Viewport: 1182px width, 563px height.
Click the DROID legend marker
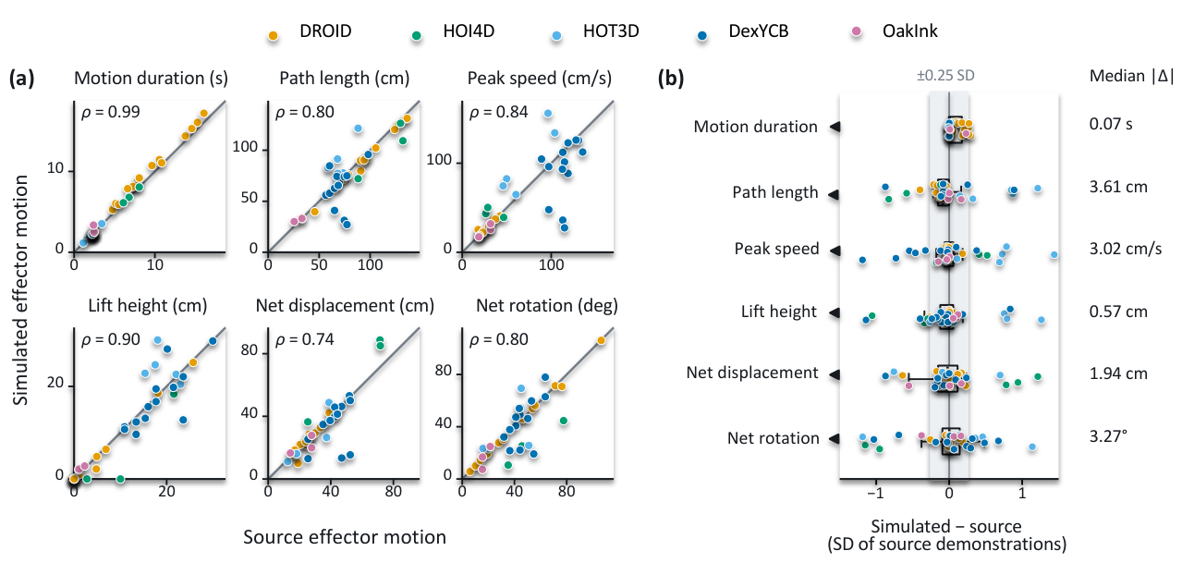(273, 35)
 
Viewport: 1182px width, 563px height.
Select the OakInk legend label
(909, 31)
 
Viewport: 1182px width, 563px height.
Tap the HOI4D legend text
(469, 31)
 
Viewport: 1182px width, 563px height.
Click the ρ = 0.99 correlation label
(110, 113)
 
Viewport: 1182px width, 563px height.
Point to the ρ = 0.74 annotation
(304, 339)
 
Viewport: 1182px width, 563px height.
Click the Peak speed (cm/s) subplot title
(540, 78)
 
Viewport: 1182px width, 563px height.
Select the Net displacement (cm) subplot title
(345, 305)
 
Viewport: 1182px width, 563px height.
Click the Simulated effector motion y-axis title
(20, 289)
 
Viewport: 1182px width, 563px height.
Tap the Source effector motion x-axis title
(345, 537)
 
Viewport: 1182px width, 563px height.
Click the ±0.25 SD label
(945, 76)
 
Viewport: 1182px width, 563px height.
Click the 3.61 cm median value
(1118, 187)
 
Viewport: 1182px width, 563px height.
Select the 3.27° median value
(1108, 436)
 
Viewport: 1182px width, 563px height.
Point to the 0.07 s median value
(1111, 124)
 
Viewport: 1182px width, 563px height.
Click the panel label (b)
(671, 79)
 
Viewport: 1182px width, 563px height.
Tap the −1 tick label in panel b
(875, 494)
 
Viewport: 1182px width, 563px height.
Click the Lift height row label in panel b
(779, 312)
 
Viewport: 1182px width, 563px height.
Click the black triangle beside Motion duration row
(835, 127)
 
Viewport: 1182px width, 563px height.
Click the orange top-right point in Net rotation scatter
(601, 341)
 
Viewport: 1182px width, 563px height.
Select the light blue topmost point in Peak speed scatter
(548, 114)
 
